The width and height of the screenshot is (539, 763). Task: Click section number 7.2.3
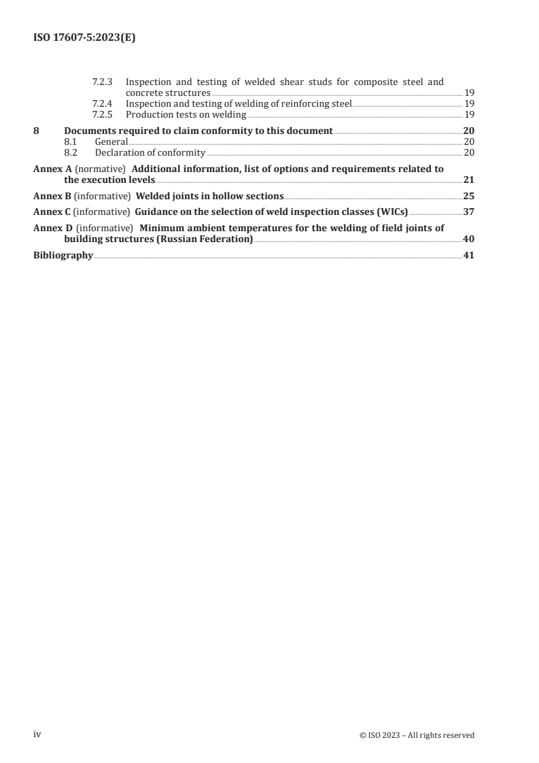click(x=103, y=82)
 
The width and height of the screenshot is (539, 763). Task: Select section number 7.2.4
click(x=103, y=103)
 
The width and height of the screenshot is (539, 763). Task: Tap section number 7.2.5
click(x=103, y=114)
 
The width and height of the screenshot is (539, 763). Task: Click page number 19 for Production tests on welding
click(x=469, y=114)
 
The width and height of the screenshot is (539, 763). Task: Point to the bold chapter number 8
click(x=36, y=131)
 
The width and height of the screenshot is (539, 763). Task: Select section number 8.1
click(x=70, y=141)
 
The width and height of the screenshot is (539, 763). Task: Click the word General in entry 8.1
click(x=111, y=141)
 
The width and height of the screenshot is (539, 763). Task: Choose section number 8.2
click(x=70, y=152)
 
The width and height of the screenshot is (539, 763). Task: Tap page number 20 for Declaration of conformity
click(x=469, y=152)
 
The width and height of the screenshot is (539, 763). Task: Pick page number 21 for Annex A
click(x=468, y=180)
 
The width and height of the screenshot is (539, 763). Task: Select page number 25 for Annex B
click(x=468, y=196)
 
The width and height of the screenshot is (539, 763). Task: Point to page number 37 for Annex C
click(x=468, y=211)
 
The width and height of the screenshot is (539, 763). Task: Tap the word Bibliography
click(x=63, y=256)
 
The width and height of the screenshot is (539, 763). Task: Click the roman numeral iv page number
click(x=38, y=734)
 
